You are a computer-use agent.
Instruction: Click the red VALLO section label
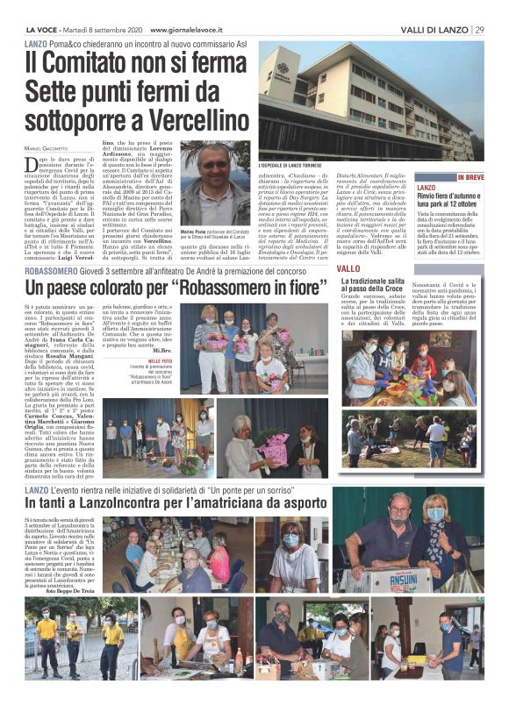coord(348,267)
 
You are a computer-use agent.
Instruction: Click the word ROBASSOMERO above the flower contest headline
coord(54,271)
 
